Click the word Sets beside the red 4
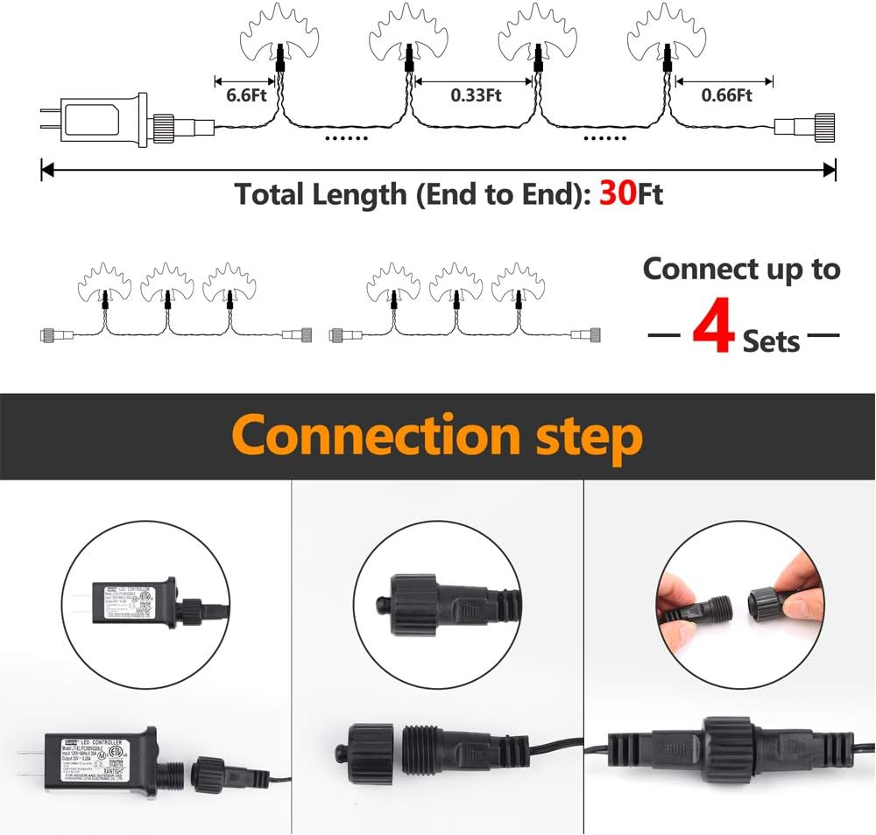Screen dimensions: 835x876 771,340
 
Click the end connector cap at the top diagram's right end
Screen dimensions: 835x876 823,126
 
